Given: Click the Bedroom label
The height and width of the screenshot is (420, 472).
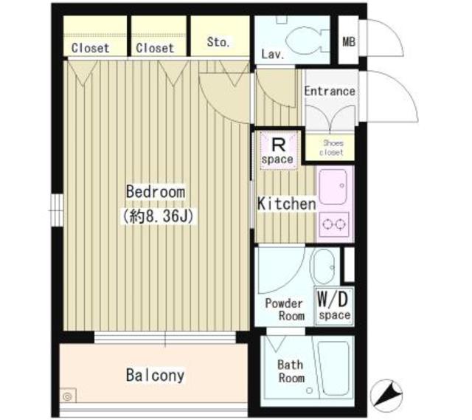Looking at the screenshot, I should click(155, 191).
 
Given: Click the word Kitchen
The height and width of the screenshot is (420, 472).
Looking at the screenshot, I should click(286, 203).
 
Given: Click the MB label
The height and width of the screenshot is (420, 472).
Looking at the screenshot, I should click(348, 40).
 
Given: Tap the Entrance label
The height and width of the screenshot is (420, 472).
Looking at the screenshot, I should click(330, 92).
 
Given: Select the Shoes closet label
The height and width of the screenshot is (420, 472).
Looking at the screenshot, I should click(330, 148).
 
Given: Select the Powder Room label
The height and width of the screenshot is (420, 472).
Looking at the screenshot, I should click(284, 309).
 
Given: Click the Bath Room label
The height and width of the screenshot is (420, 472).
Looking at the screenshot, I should click(290, 371).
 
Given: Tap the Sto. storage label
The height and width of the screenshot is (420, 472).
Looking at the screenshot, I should click(218, 43).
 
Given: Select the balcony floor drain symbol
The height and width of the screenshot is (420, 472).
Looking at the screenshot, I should click(68, 396).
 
